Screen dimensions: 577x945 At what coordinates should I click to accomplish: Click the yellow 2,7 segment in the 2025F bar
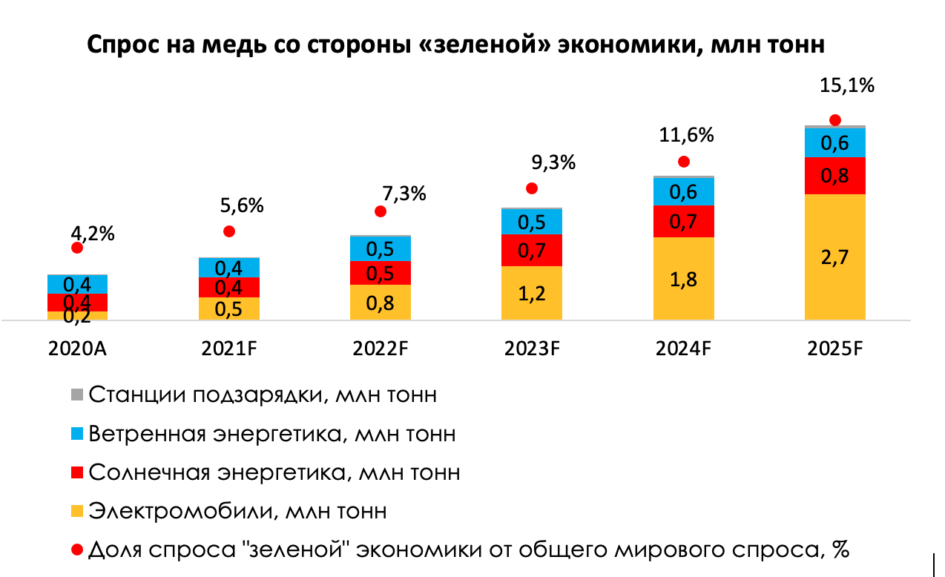click(x=834, y=257)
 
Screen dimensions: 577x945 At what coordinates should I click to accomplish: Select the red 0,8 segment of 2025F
click(x=834, y=176)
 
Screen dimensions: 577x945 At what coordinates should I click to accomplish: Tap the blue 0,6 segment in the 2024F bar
click(x=683, y=192)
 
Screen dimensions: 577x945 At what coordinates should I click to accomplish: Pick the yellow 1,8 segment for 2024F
click(x=683, y=279)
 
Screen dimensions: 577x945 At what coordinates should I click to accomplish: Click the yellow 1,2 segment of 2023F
click(x=532, y=294)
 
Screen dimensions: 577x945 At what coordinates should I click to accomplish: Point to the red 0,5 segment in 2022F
click(x=381, y=273)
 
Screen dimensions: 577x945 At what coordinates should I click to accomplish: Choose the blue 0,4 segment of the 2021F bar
click(x=229, y=268)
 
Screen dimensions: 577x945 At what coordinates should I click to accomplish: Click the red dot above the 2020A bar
click(x=77, y=248)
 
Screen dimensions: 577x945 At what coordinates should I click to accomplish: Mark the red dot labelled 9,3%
click(x=532, y=188)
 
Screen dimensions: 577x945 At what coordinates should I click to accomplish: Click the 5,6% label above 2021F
click(x=243, y=205)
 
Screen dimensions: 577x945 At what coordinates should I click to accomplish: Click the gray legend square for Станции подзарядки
click(x=77, y=395)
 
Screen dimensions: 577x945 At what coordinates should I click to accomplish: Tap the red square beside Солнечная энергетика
click(x=77, y=472)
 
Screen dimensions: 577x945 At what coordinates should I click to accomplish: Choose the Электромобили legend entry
click(x=237, y=511)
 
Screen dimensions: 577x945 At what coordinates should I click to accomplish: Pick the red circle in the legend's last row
click(x=77, y=550)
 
